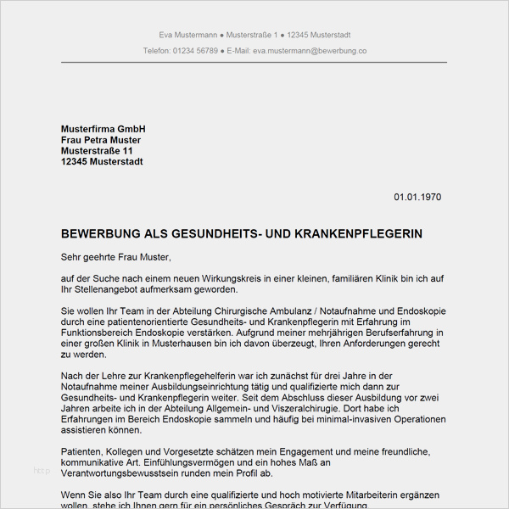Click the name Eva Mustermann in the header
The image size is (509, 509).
point(187,35)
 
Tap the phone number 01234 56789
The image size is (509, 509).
point(196,51)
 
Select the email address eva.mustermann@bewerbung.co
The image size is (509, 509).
point(310,51)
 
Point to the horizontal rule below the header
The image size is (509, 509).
point(255,62)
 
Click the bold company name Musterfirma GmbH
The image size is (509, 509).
point(103,129)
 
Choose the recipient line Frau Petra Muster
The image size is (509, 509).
point(101,140)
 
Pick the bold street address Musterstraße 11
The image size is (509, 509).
point(97,151)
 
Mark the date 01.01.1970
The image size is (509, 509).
point(417,198)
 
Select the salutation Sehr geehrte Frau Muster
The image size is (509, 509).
point(116,256)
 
